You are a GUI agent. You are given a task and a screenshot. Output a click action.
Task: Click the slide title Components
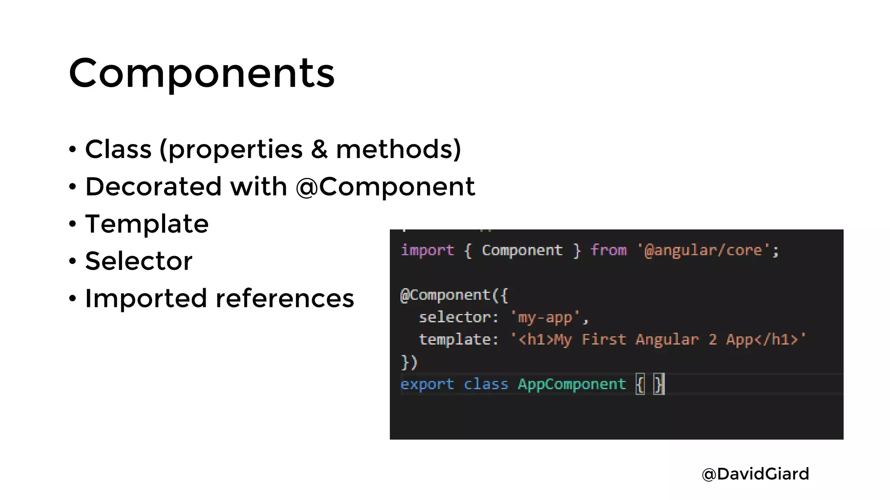pos(202,73)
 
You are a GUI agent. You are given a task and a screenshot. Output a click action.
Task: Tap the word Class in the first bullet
pos(118,149)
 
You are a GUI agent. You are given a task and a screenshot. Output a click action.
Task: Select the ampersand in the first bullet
pos(319,149)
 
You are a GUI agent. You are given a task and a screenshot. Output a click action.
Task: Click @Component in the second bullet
pos(385,187)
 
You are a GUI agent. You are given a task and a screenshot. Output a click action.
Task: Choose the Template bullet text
pos(147,224)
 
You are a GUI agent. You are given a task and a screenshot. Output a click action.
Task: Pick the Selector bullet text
pos(139,261)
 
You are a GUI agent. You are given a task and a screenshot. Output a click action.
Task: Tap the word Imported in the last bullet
pos(146,299)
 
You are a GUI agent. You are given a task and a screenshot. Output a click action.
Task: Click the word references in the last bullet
pos(285,299)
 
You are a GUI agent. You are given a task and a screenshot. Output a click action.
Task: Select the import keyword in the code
pos(427,250)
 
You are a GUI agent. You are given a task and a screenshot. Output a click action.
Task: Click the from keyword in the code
pos(608,250)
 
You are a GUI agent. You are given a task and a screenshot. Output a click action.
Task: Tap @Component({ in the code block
pos(454,295)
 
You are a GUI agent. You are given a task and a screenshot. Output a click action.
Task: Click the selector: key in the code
pos(458,317)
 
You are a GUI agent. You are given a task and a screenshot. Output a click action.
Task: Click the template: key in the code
pos(458,339)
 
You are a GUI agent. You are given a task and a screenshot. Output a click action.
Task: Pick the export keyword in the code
pos(427,384)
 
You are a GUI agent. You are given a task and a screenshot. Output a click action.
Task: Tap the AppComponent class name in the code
pos(571,384)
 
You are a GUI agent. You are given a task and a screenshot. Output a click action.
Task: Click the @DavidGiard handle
pos(755,474)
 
